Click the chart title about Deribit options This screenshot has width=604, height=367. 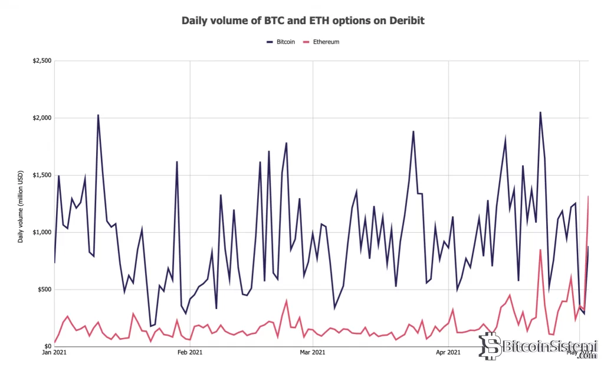point(303,21)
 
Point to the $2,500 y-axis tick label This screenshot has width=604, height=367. point(42,61)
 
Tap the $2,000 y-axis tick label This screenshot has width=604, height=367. point(42,118)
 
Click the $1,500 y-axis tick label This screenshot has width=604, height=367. point(42,176)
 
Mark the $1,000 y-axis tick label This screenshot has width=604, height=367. point(42,232)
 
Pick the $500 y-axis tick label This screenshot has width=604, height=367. point(44,290)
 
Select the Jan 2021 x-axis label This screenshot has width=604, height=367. point(54,353)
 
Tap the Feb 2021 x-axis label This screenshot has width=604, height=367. point(190,353)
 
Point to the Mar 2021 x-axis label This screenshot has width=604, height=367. point(313,353)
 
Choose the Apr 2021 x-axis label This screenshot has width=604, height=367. point(448,353)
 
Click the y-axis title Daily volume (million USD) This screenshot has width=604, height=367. point(21,203)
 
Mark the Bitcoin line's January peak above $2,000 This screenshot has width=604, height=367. point(98,115)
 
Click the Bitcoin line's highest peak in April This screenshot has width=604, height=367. point(540,112)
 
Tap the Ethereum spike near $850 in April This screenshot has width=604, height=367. point(540,249)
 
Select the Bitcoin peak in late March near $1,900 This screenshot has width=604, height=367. point(413,131)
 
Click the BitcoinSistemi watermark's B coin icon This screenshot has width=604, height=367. point(488,345)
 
